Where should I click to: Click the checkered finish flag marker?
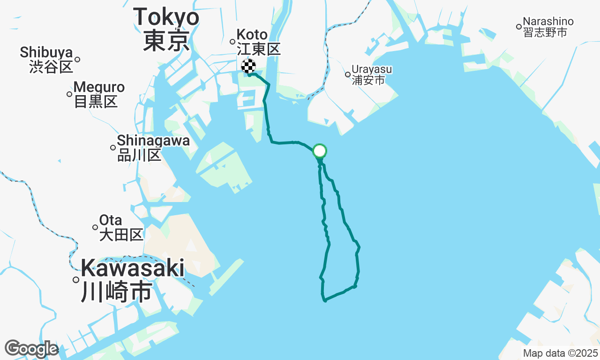[x=248, y=66]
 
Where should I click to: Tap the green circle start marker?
[x=319, y=151]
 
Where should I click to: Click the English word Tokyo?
[x=166, y=18]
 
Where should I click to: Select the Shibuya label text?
[x=46, y=52]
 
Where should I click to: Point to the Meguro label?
[x=99, y=87]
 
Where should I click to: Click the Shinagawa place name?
[x=153, y=141]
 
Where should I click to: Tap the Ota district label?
[x=111, y=220]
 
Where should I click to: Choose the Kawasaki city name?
[x=133, y=269]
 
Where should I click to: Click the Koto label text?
[x=252, y=35]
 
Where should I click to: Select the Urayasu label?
[x=372, y=69]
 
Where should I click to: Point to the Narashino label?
[x=548, y=22]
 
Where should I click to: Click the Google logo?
[x=31, y=349]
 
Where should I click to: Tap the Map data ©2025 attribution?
[x=561, y=353]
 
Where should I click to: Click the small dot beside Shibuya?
[x=77, y=59]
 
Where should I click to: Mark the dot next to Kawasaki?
[x=76, y=280]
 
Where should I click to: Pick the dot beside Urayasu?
[x=348, y=74]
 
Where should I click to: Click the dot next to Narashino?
[x=519, y=27]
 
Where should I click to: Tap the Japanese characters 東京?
[x=166, y=41]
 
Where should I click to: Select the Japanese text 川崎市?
[x=116, y=292]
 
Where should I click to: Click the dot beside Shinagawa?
[x=113, y=148]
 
